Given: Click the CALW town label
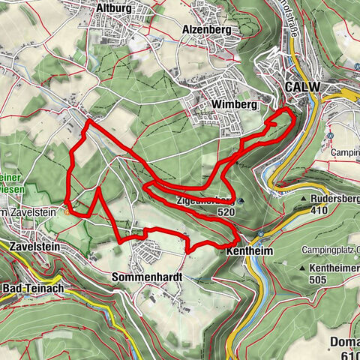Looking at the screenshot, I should click(302, 88).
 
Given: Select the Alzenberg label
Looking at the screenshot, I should click(204, 30).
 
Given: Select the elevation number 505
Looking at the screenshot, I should click(334, 280).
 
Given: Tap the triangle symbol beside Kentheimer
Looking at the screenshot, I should click(301, 268).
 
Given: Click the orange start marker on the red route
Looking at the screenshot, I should click(67, 211).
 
